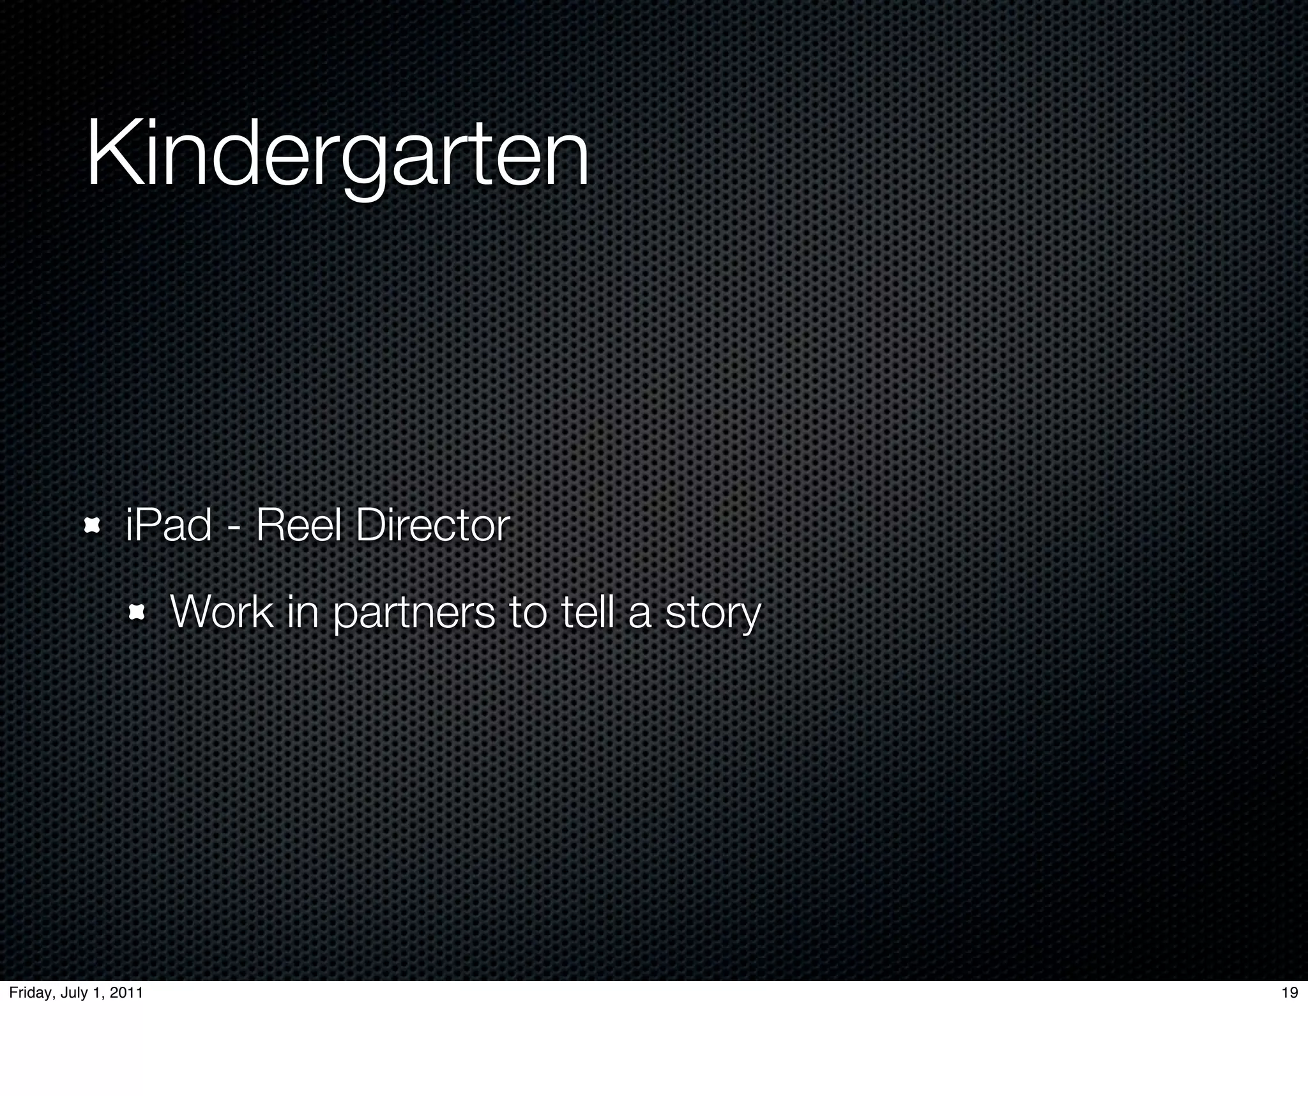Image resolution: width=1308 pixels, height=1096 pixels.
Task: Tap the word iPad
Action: tap(168, 526)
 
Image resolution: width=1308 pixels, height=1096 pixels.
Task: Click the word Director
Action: tap(432, 526)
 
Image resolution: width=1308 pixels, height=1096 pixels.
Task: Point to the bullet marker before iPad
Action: tap(92, 526)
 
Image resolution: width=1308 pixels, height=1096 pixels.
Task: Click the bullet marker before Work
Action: tap(136, 614)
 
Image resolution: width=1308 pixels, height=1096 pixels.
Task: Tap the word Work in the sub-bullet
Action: tap(222, 612)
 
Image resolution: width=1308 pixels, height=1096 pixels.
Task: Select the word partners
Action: tap(414, 613)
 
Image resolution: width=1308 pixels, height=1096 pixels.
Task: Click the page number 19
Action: tap(1289, 993)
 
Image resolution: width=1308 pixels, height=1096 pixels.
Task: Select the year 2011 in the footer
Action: tap(126, 993)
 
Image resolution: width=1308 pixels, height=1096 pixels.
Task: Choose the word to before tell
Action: tap(528, 612)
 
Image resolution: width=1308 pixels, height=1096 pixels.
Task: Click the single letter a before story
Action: tap(640, 614)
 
